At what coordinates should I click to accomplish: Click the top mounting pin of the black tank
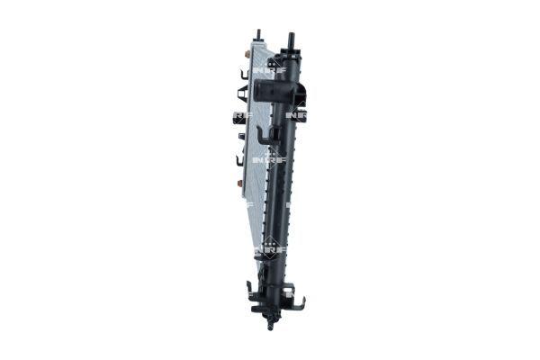(291, 40)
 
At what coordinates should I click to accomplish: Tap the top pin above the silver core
(258, 35)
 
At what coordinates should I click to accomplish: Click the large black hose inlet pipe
(269, 91)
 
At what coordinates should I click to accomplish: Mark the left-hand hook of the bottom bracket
(249, 290)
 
